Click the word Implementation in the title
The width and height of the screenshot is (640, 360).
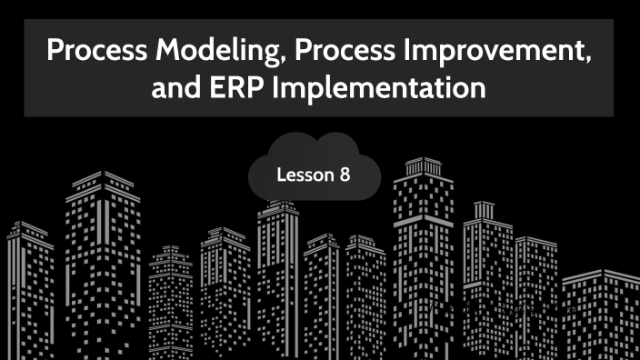tap(385, 89)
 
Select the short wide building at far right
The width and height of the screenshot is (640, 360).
tap(601, 314)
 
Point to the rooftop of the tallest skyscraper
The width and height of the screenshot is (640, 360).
tap(422, 164)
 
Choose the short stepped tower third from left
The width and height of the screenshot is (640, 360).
tap(170, 300)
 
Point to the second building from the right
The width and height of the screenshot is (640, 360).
tap(536, 291)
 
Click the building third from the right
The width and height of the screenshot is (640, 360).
tap(487, 273)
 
